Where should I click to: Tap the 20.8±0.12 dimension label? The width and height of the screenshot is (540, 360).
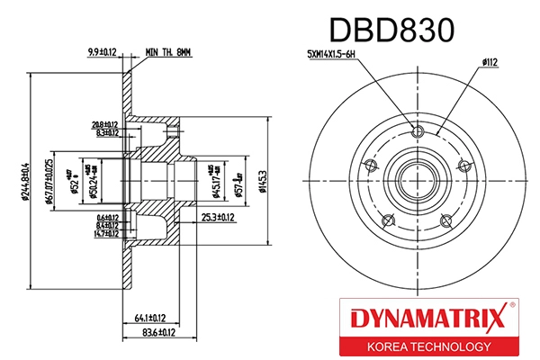[105, 125]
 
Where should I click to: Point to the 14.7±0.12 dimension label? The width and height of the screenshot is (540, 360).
[105, 233]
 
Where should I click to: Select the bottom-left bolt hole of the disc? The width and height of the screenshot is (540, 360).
[388, 220]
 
